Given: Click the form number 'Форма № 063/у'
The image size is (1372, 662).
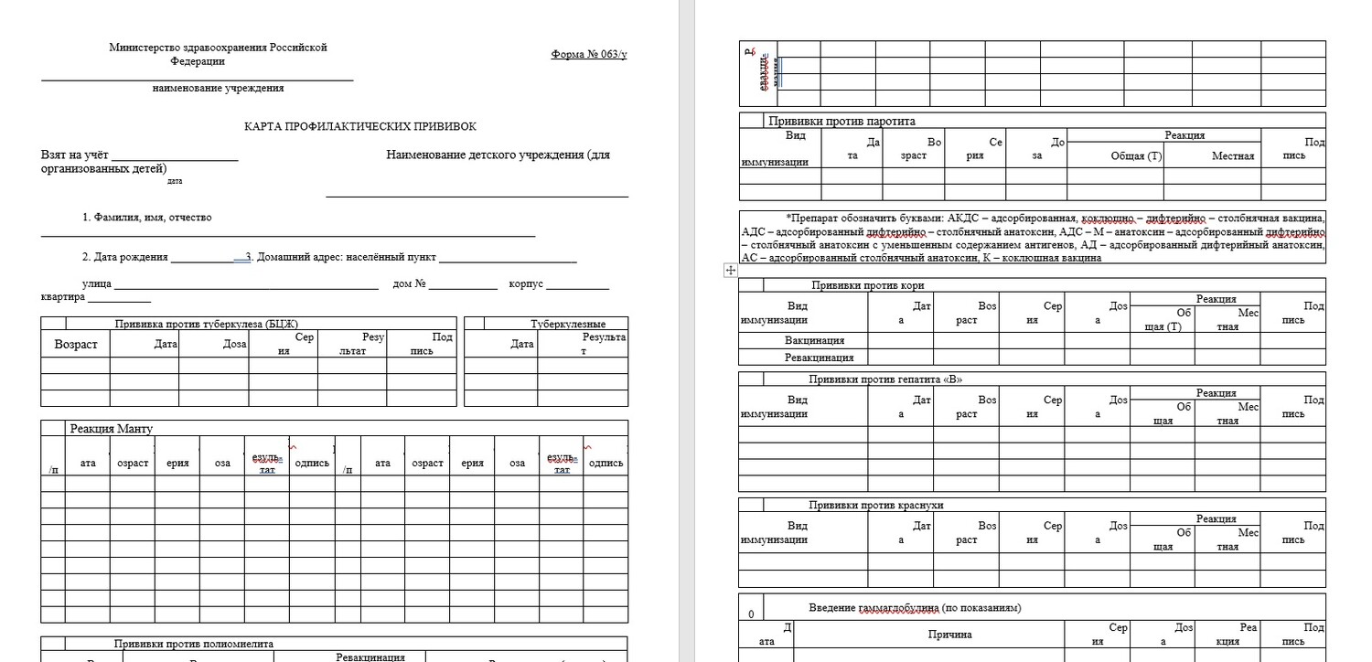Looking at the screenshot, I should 589,54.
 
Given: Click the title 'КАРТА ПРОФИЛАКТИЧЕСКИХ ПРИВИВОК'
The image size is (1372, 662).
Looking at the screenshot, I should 360,127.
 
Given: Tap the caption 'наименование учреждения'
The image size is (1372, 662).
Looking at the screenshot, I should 218,89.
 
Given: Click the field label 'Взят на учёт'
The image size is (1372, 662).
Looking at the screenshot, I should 74,155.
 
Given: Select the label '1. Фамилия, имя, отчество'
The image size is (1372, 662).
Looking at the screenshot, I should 146,218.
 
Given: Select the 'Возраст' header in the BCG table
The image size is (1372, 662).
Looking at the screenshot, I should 76,345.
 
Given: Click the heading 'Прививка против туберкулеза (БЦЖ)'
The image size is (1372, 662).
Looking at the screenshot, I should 207,324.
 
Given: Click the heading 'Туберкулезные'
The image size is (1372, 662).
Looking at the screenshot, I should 568,324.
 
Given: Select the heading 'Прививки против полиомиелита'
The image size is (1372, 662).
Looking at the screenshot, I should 194,644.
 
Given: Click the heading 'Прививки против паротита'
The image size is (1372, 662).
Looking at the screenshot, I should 841,121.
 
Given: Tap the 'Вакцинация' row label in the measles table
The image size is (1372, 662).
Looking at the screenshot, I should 814,341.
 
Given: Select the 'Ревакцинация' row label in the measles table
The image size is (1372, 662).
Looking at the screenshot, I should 819,358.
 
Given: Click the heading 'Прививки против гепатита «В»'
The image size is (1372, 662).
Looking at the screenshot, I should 885,379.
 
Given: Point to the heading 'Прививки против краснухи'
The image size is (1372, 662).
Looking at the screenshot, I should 875,505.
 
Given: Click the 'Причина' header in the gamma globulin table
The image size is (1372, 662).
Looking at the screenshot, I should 949,634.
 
